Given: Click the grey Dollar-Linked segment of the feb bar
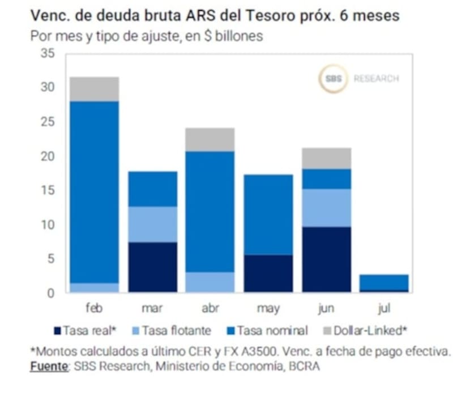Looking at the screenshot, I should tap(95, 89).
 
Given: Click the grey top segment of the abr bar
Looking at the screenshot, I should tap(210, 139).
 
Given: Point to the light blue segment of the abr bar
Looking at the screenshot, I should tap(210, 282).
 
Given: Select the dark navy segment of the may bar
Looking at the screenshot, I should tap(268, 274).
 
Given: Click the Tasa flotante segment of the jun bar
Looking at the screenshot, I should tap(327, 208).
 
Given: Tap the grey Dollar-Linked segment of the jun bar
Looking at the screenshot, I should tap(327, 158).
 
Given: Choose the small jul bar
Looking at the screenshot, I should tap(384, 282).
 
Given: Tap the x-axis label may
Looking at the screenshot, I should tap(268, 309).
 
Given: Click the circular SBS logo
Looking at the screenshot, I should tap(333, 79).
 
